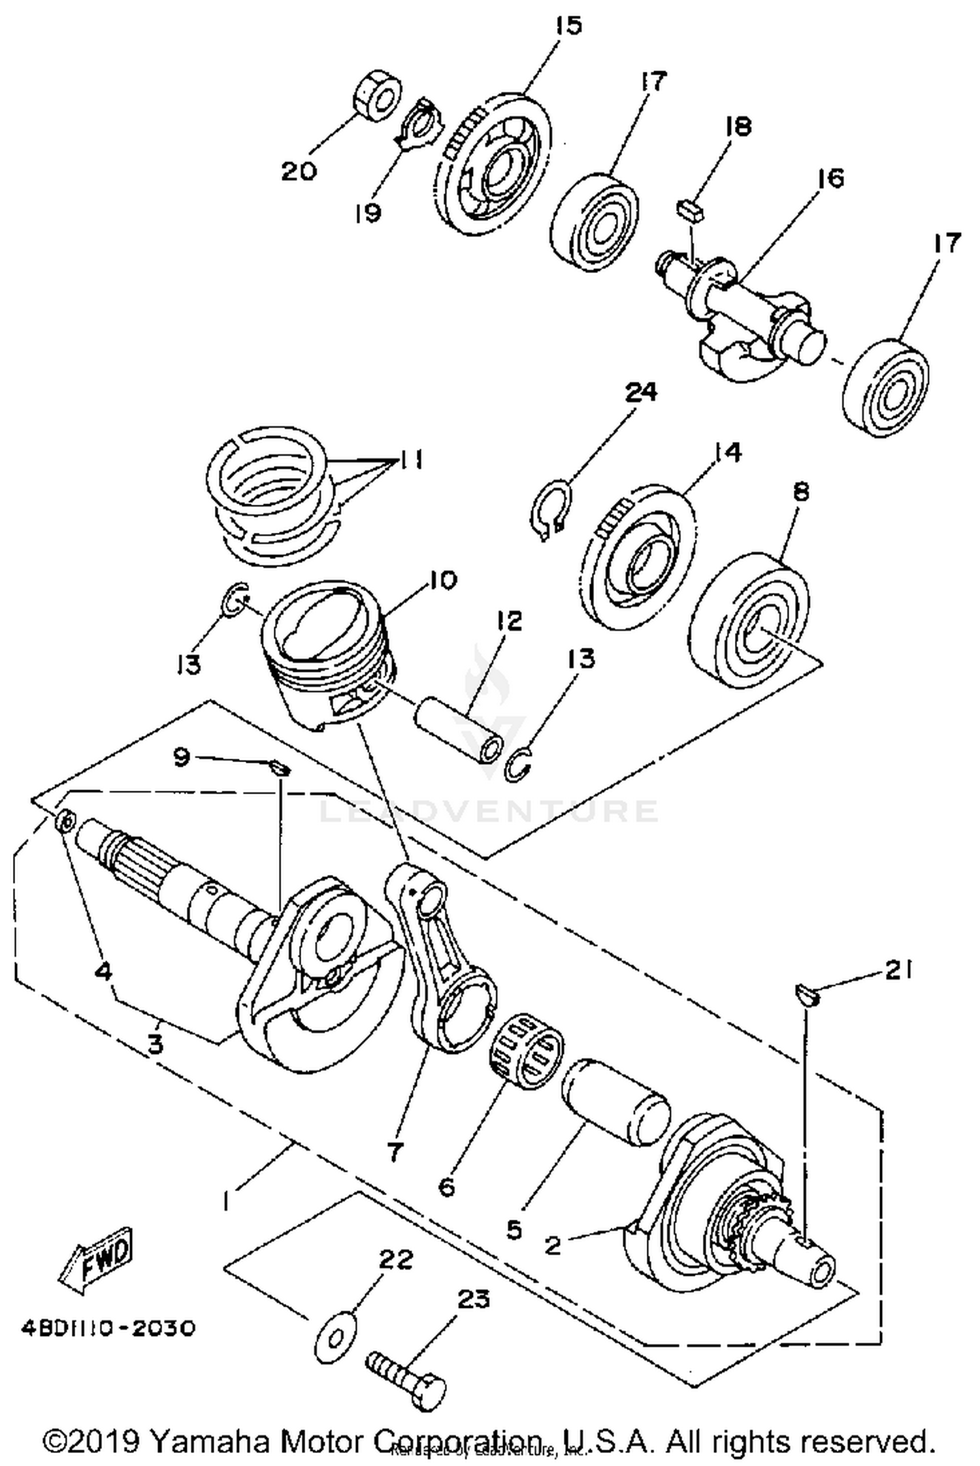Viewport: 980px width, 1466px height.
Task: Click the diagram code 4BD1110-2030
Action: click(108, 1328)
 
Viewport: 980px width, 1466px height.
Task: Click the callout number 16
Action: click(830, 178)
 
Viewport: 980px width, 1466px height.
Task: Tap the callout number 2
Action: click(553, 1245)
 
